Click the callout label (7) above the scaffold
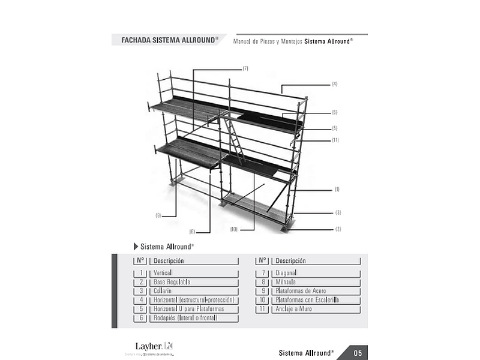(x=245, y=68)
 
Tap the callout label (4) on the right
(x=334, y=84)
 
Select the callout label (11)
(x=335, y=140)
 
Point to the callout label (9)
(x=158, y=215)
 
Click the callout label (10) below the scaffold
(x=234, y=229)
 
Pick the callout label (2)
(x=338, y=229)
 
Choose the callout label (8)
(x=192, y=232)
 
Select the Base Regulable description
(x=172, y=282)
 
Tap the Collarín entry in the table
(x=163, y=291)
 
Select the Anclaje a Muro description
(x=293, y=309)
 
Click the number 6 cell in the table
(x=141, y=318)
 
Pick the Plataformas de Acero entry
(x=301, y=291)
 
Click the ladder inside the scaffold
(x=234, y=139)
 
